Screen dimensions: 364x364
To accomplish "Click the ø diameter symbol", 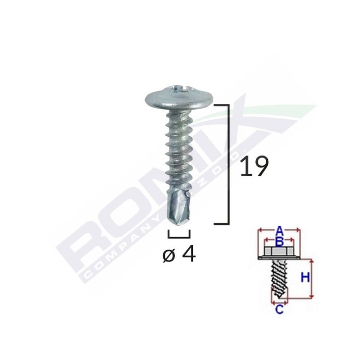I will pyautogui.click(x=168, y=256).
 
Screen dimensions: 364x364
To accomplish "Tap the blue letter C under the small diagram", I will pyautogui.click(x=279, y=310).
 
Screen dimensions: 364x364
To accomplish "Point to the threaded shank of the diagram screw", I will pyautogui.click(x=278, y=281).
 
